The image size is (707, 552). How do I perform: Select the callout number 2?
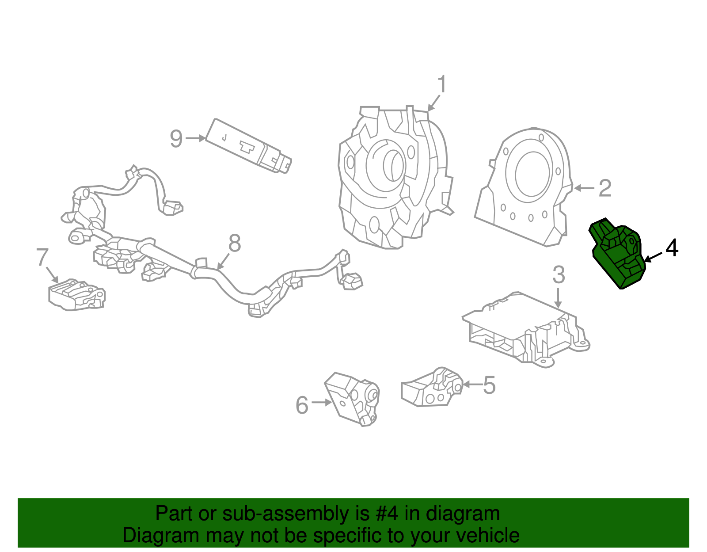click(605, 188)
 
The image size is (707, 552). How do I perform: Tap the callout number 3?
click(559, 275)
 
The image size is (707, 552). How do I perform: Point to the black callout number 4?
click(672, 248)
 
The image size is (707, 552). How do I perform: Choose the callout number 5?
click(489, 385)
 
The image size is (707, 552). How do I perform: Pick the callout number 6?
click(302, 405)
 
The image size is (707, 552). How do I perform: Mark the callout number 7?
click(42, 257)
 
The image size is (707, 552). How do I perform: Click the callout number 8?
click(235, 243)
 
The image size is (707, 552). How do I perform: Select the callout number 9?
click(176, 139)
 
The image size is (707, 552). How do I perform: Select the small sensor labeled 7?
click(76, 295)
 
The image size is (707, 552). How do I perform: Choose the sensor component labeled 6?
click(353, 398)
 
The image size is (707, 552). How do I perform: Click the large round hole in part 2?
click(532, 174)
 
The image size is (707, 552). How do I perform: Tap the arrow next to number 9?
click(196, 138)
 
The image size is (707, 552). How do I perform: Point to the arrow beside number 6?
click(321, 402)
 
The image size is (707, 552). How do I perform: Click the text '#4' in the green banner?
click(387, 514)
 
